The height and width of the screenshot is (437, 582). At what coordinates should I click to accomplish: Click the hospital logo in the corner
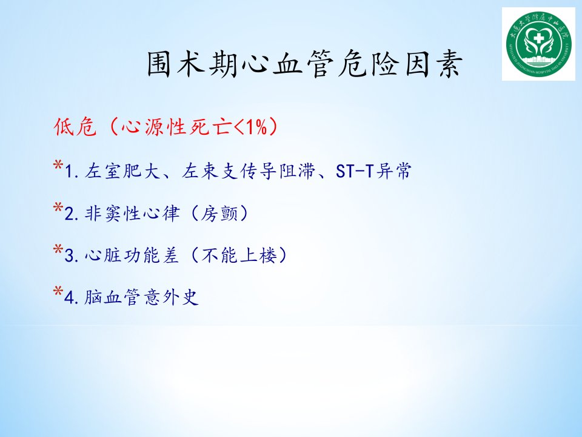point(538,44)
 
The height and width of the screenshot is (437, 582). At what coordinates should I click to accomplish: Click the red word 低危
point(75,127)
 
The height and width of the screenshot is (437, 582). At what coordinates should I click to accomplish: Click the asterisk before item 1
point(58,164)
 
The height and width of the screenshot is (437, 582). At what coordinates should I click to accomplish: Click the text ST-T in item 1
point(355,171)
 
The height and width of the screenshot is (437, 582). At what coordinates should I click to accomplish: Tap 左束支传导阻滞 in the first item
point(249,171)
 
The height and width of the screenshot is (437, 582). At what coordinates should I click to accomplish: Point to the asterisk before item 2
point(58,207)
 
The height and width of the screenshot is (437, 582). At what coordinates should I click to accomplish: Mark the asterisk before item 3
point(58,249)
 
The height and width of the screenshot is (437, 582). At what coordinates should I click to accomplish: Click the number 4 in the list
point(69,298)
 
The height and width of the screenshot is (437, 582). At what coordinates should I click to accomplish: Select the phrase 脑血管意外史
point(141,297)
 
